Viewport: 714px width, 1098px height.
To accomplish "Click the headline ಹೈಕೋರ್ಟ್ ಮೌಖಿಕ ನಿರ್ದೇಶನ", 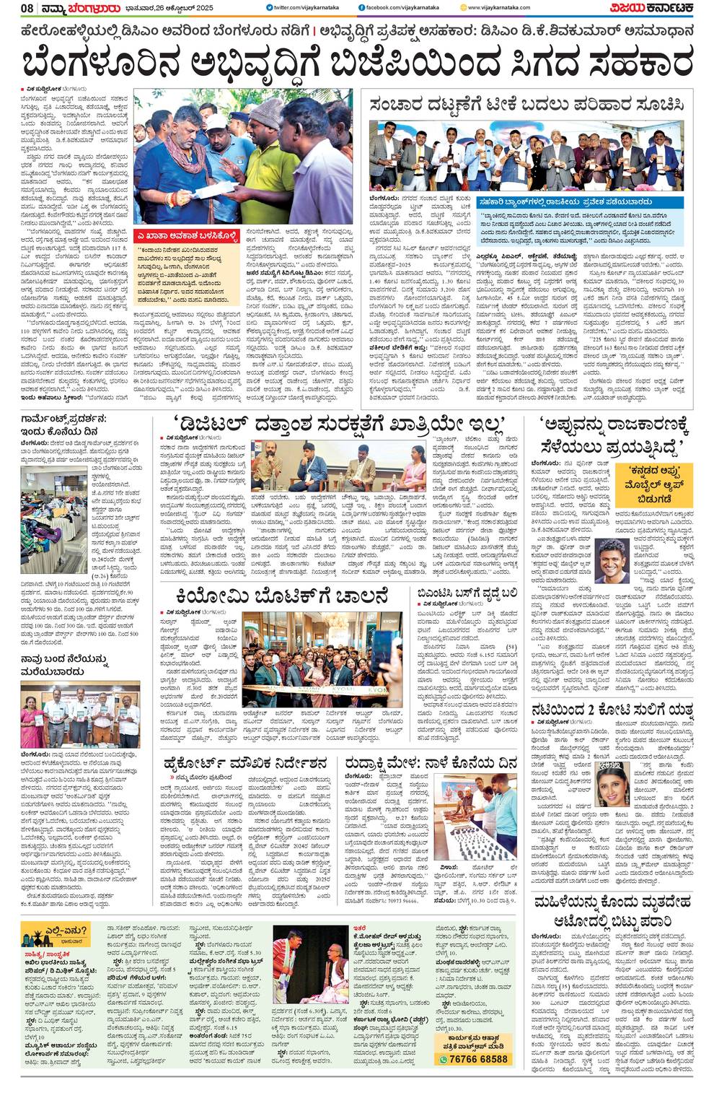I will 244,764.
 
